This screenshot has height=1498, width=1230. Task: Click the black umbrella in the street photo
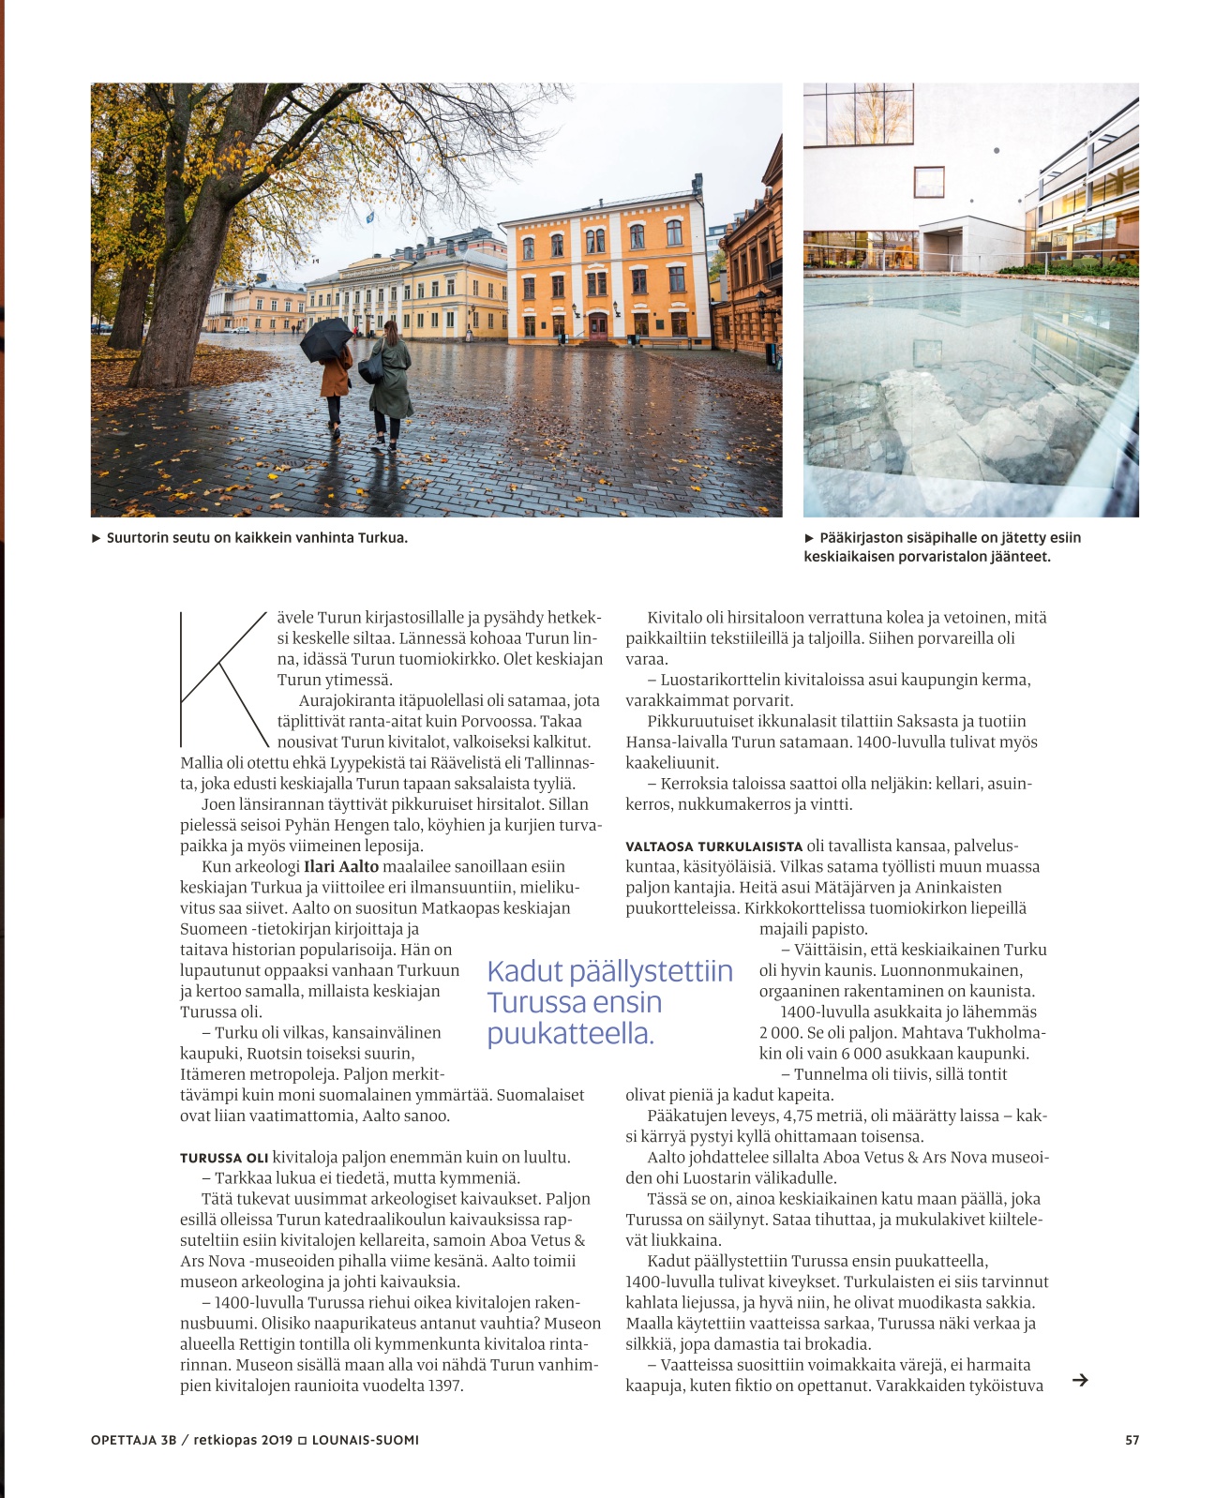click(325, 338)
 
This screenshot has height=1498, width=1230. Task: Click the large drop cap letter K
click(223, 679)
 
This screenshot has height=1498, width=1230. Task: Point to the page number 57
click(1132, 1440)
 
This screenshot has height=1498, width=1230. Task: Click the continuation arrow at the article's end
click(1080, 1380)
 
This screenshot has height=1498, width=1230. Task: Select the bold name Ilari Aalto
click(341, 866)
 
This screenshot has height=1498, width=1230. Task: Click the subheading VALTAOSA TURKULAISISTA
click(714, 846)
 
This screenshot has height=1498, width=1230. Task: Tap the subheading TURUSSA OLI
click(224, 1158)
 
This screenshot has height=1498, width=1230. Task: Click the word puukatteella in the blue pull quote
click(570, 1033)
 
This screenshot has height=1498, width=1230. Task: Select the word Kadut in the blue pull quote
click(525, 971)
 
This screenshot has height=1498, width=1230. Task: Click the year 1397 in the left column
click(445, 1386)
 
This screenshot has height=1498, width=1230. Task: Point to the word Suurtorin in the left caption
click(137, 538)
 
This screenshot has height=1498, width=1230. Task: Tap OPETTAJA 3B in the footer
click(133, 1440)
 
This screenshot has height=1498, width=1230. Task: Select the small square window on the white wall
click(928, 181)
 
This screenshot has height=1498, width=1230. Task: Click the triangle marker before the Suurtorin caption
click(96, 538)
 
